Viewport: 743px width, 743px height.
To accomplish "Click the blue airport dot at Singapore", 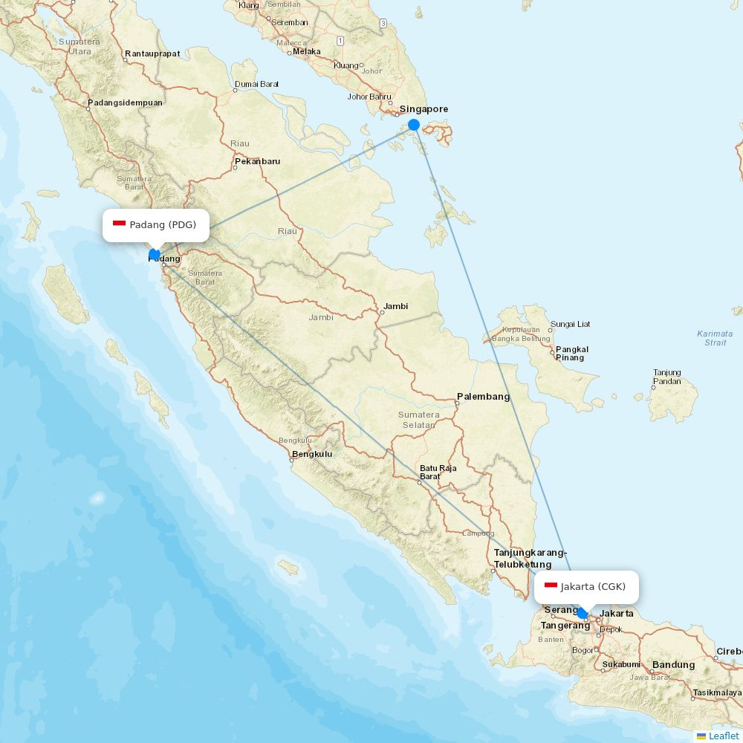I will point(414,125).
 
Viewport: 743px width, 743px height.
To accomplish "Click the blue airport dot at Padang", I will point(155,254).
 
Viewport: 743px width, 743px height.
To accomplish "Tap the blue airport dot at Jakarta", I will point(583,613).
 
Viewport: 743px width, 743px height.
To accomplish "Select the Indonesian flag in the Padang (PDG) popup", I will point(119,224).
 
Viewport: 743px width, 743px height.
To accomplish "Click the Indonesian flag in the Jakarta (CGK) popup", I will point(551,586).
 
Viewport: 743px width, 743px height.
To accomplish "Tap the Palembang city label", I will point(483,397).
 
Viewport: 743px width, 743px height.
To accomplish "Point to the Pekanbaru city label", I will point(257,161).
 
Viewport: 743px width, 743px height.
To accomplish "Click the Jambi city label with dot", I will point(395,306).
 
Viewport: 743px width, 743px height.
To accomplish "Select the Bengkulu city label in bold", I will point(312,454).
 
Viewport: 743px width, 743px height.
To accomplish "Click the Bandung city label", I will point(673,665).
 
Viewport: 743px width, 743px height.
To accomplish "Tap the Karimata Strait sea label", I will point(715,338).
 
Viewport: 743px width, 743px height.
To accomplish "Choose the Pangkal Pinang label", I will point(572,353).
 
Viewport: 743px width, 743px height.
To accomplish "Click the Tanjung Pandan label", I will point(666,377).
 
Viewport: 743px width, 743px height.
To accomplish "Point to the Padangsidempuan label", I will point(125,103).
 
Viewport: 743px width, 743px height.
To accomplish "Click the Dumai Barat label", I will point(256,84).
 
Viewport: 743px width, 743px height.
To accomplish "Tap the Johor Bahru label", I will point(369,97).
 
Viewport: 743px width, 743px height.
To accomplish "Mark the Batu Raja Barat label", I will point(438,472).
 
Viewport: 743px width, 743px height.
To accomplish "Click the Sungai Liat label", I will point(570,325).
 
